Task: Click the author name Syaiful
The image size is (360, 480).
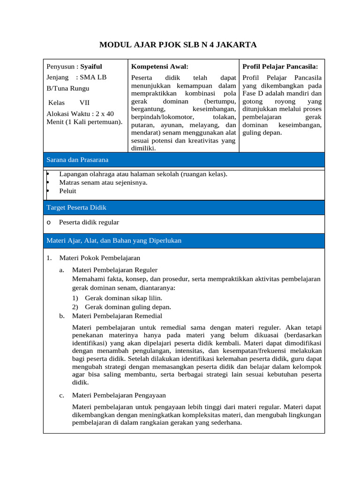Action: point(91,67)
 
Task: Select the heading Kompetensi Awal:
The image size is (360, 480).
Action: point(160,67)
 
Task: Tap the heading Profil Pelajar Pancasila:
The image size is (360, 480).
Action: point(280,67)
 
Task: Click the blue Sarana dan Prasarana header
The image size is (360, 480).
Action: point(77,160)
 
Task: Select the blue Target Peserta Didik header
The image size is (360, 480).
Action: point(76,207)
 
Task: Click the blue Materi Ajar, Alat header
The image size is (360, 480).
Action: point(114,240)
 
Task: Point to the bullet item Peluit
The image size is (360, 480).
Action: point(67,191)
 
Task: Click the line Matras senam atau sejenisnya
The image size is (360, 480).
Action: point(103,182)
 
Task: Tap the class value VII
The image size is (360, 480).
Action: point(84,102)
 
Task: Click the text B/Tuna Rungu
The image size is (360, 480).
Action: point(68,88)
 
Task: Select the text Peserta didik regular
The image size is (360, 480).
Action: point(89,222)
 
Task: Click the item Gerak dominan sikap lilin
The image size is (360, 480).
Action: point(123,298)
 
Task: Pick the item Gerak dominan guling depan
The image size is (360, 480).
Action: point(127,307)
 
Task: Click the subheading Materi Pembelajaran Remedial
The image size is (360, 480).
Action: point(117,316)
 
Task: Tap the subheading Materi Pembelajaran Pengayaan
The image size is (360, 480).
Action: point(119,395)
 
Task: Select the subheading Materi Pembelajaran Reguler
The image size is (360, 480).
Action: point(115,270)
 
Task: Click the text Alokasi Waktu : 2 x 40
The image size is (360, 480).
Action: point(80,113)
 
